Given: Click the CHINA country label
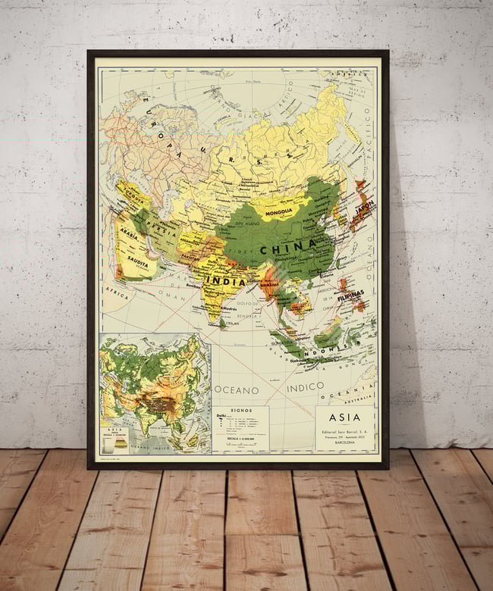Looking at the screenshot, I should click(x=287, y=247).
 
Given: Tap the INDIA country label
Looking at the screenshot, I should click(x=225, y=281).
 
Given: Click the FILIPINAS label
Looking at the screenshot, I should click(x=350, y=295).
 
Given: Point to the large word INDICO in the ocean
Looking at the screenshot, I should click(x=303, y=387).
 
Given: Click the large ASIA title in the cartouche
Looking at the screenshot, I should click(x=344, y=417).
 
